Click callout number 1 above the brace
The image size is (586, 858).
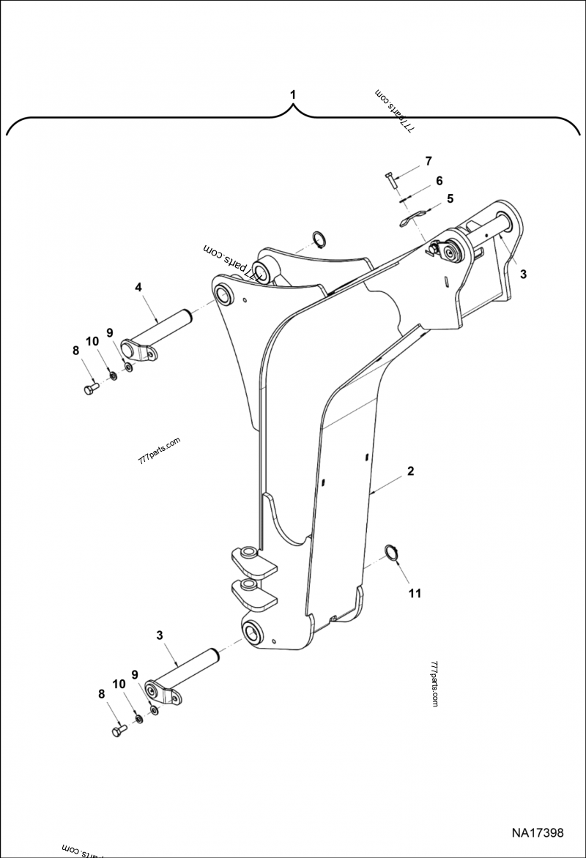[x=293, y=94]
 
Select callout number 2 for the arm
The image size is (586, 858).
[x=410, y=471]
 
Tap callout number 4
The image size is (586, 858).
[x=138, y=288]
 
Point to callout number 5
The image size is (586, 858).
[x=450, y=198]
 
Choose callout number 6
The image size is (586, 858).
[x=439, y=180]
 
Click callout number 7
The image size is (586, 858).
[x=429, y=161]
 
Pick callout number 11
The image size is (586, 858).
[x=415, y=594]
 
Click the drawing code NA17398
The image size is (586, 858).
[x=537, y=833]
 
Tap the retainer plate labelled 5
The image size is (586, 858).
[x=412, y=217]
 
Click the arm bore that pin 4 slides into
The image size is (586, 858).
[x=224, y=294]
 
